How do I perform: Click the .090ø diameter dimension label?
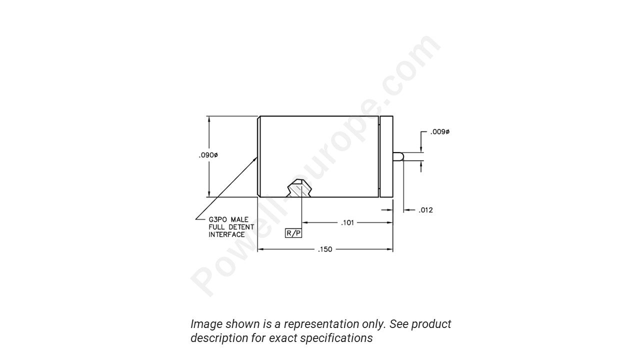(x=208, y=155)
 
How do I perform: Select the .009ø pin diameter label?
(x=440, y=132)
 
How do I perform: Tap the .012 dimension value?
(x=425, y=210)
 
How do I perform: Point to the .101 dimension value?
(x=347, y=222)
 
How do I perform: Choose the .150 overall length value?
(x=325, y=249)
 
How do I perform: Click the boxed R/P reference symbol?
(x=293, y=233)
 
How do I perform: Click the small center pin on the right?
(x=398, y=156)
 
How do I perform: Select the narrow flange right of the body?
(x=386, y=156)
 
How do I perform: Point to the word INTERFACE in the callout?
(x=226, y=234)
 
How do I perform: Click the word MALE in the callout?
(x=239, y=219)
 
